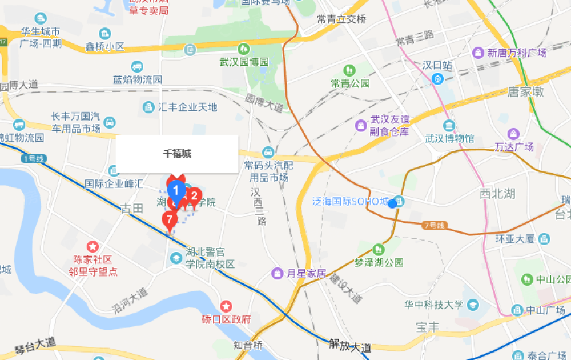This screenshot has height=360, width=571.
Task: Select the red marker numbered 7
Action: click(169, 218)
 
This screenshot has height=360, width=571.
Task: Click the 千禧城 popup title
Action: click(177, 153)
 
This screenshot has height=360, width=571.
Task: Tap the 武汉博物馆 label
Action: click(449, 138)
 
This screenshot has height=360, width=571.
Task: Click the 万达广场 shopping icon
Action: click(514, 134)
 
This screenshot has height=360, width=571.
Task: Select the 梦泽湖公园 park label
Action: click(379, 262)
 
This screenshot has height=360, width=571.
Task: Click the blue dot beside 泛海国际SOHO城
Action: click(393, 203)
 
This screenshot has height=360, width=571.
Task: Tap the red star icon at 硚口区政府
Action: click(227, 306)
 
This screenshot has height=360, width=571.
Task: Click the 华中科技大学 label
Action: click(433, 305)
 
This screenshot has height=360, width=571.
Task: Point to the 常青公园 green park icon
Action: click(349, 70)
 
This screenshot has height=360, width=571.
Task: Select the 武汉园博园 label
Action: click(244, 62)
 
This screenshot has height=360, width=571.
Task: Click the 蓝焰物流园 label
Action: click(138, 79)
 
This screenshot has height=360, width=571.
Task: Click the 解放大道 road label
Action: click(351, 345)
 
